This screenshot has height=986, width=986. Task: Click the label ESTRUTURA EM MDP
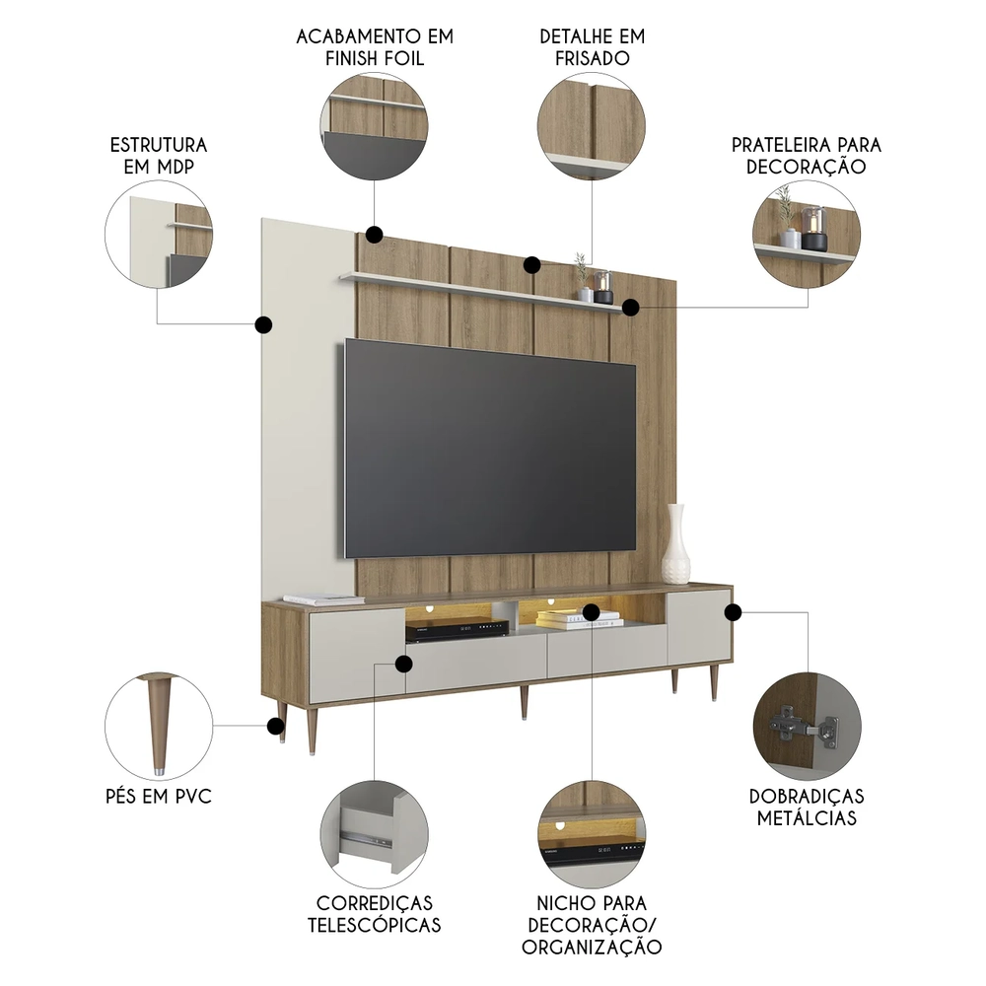click(x=158, y=156)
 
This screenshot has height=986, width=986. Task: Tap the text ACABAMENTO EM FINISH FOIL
click(x=375, y=47)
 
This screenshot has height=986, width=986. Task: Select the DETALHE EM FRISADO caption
click(x=592, y=47)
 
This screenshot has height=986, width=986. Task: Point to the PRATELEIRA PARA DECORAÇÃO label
click(x=806, y=156)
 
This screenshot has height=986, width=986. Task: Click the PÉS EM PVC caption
click(x=158, y=796)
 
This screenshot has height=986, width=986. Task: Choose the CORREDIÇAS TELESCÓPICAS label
click(x=374, y=913)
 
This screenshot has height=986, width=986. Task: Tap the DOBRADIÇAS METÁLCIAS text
click(x=806, y=807)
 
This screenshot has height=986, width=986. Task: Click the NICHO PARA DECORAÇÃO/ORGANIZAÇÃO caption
click(x=592, y=925)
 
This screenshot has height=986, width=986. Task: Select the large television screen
click(x=489, y=446)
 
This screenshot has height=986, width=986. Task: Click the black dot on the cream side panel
click(x=263, y=324)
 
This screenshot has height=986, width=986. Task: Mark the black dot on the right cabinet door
click(x=733, y=612)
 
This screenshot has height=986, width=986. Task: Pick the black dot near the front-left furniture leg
click(x=274, y=727)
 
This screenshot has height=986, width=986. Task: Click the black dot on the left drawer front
click(x=402, y=664)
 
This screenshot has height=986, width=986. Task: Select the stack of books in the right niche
click(x=579, y=619)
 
